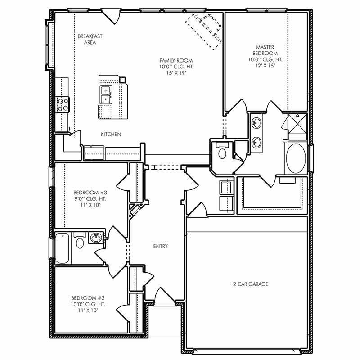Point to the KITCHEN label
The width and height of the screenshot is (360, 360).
pos(111,134)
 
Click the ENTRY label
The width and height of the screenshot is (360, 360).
pos(161,246)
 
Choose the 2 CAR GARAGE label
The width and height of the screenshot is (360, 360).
pos(251,284)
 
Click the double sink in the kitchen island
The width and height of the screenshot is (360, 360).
pos(106,95)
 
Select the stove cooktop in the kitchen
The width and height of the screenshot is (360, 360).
pos(62,104)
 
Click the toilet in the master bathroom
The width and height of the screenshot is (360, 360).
pos(221,153)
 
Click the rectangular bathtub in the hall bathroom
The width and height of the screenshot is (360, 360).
pos(63,248)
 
